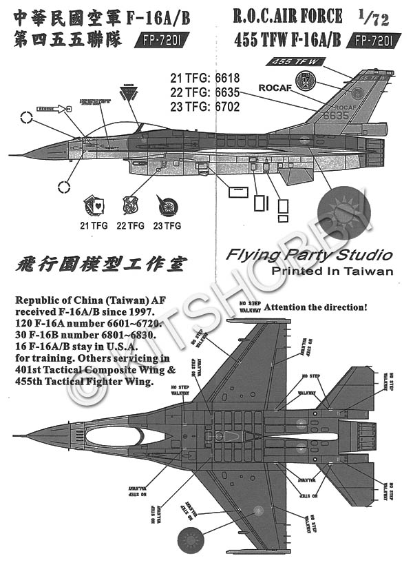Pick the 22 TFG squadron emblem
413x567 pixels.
131,205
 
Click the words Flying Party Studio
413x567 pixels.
309,256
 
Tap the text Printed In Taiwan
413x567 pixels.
332,271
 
